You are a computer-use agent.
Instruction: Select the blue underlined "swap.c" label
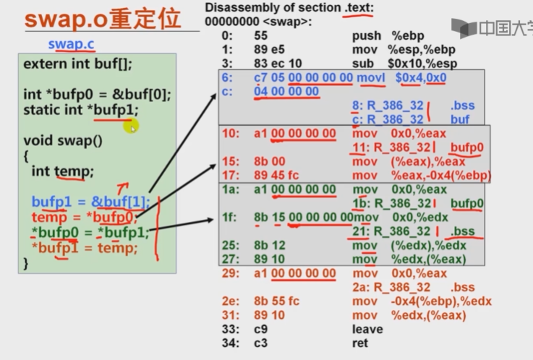(72, 44)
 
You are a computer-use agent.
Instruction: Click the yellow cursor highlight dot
(131, 127)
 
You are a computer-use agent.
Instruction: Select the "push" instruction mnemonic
(367, 35)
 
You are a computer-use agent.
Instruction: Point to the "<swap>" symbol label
(289, 22)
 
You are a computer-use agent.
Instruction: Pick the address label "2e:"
(230, 301)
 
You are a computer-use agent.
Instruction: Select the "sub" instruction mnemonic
(362, 63)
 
